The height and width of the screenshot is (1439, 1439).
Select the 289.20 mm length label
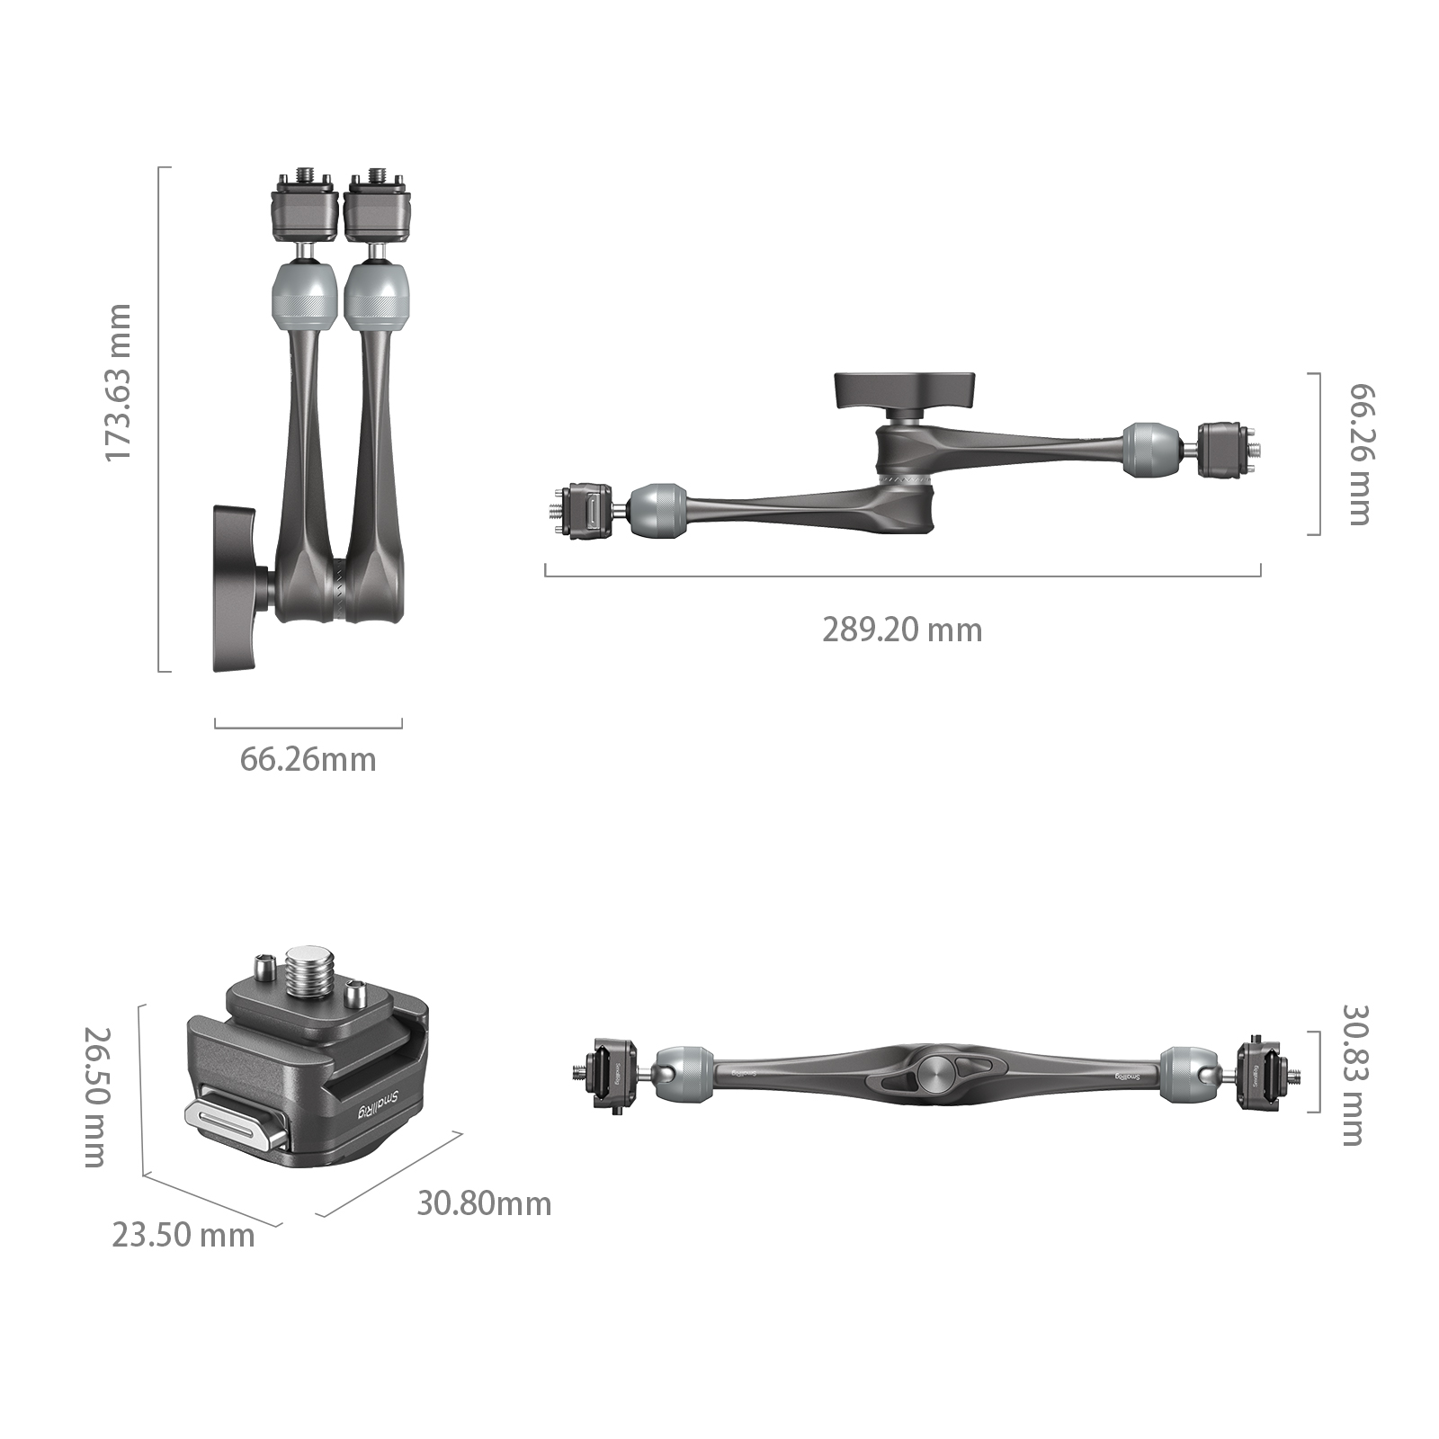[901, 630]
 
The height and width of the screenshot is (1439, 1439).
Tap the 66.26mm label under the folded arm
[308, 760]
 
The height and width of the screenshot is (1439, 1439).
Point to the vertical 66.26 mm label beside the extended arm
[1361, 454]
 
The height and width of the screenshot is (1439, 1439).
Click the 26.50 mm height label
[96, 1097]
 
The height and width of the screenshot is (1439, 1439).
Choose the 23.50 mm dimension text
[183, 1236]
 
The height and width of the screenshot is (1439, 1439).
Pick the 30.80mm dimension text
[484, 1203]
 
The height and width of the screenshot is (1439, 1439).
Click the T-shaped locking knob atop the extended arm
[904, 389]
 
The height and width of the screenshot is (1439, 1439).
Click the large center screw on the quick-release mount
[308, 972]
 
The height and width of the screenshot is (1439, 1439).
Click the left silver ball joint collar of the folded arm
[304, 295]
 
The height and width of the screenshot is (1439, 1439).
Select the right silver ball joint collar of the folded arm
[378, 295]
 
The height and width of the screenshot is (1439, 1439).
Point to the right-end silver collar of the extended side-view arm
[1150, 449]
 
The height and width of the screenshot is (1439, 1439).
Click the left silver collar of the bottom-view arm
[684, 1073]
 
